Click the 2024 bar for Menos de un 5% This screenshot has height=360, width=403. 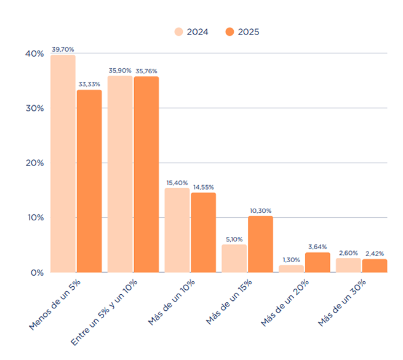63,164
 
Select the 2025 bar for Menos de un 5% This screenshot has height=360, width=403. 89,181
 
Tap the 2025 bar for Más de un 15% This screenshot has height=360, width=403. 260,244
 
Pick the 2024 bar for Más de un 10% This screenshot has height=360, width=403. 177,230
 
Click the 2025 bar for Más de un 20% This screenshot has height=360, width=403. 317,262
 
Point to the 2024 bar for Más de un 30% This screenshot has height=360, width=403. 348,265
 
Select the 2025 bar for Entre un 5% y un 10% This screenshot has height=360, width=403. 146,174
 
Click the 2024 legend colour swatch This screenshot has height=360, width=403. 179,32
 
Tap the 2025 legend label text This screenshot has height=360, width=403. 249,32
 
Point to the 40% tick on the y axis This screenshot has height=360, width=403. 34,54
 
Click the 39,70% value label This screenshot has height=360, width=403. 63,49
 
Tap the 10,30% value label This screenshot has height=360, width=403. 260,210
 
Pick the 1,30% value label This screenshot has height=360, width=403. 291,260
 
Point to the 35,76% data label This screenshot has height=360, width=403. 146,71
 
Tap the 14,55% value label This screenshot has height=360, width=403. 203,187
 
